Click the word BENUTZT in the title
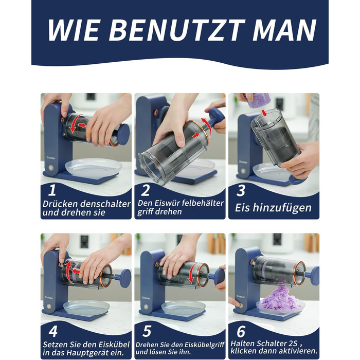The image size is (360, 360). tap(177, 30)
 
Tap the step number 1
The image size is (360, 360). tap(52, 190)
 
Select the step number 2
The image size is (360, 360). tap(146, 190)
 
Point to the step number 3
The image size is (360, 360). tap(241, 190)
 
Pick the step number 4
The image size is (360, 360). tap(53, 331)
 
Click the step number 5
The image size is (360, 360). tap(147, 331)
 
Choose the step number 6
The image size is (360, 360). tap(241, 331)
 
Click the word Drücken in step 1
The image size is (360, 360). tap(60, 204)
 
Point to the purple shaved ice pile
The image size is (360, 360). tap(281, 297)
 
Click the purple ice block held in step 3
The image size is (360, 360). tap(259, 101)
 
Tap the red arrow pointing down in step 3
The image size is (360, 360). tap(264, 113)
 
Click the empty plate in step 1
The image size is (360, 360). tap(94, 167)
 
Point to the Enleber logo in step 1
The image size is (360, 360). tap(51, 158)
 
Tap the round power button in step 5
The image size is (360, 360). tap(146, 307)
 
